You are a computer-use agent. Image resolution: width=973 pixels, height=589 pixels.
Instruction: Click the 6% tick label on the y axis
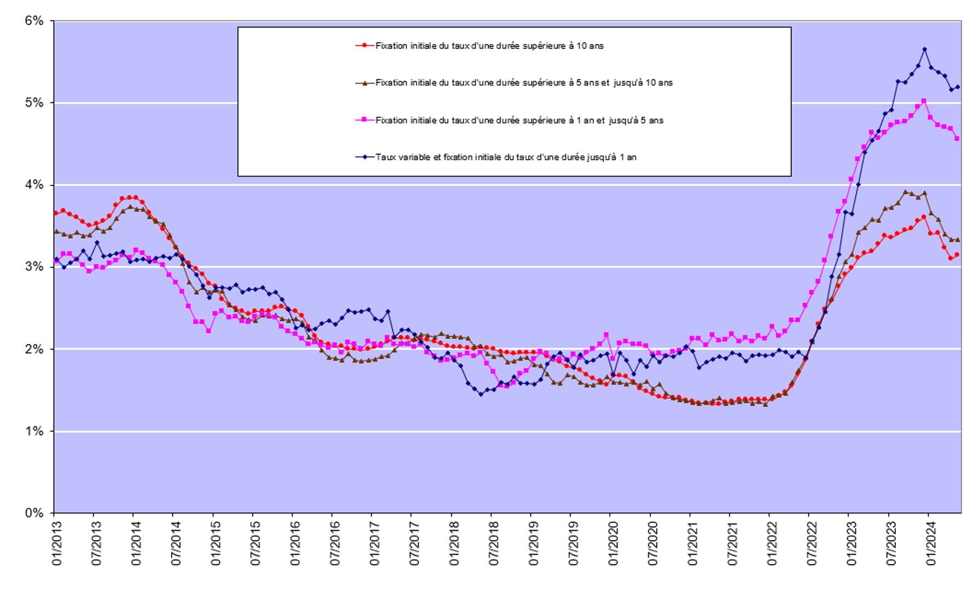33,21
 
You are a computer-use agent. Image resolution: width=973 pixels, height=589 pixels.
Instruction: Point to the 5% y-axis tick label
33,103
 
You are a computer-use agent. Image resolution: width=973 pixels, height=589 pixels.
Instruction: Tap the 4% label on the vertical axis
33,185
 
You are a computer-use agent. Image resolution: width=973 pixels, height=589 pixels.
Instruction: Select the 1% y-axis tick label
33,431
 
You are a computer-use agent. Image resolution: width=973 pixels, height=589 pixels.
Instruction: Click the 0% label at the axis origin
33,513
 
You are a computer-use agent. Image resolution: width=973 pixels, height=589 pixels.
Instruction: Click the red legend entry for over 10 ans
489,46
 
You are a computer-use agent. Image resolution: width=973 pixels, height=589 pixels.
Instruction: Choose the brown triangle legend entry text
523,83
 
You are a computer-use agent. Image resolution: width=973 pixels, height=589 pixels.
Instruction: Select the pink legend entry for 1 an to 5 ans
519,120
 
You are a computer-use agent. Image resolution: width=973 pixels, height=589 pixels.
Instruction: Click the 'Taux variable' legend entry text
505,158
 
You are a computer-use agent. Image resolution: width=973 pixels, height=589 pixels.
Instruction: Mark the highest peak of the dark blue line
924,49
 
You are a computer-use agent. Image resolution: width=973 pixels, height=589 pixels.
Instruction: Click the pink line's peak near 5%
924,101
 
